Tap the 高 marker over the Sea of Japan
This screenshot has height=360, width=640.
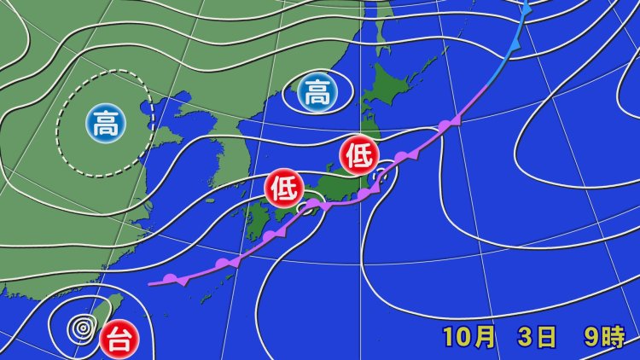[317, 93]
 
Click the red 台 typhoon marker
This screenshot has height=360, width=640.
[116, 340]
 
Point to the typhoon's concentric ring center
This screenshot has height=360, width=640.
[83, 326]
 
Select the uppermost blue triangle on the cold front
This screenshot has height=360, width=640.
[527, 9]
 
